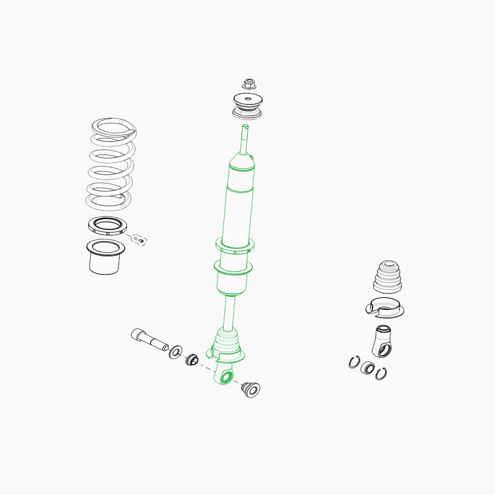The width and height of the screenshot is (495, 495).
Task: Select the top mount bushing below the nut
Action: click(247, 106)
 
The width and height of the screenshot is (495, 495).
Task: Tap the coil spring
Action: click(111, 164)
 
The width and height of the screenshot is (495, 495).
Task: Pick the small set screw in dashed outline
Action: click(140, 240)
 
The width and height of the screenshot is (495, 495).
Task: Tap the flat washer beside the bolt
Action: click(175, 352)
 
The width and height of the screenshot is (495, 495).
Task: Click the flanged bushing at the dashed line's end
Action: click(250, 390)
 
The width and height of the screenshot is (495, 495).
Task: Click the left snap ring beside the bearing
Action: click(354, 362)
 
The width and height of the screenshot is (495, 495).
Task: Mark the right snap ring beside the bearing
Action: click(381, 374)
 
